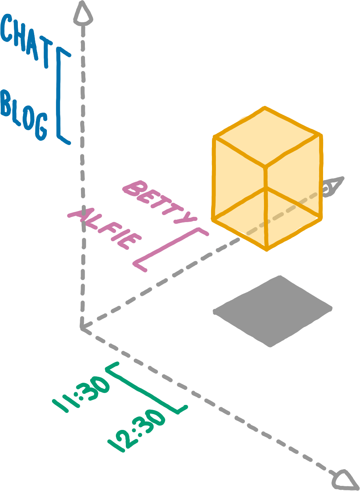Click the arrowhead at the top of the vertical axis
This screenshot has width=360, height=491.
tap(83, 12)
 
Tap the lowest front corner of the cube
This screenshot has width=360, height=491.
tap(267, 249)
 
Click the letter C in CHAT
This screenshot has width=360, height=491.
tap(9, 28)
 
